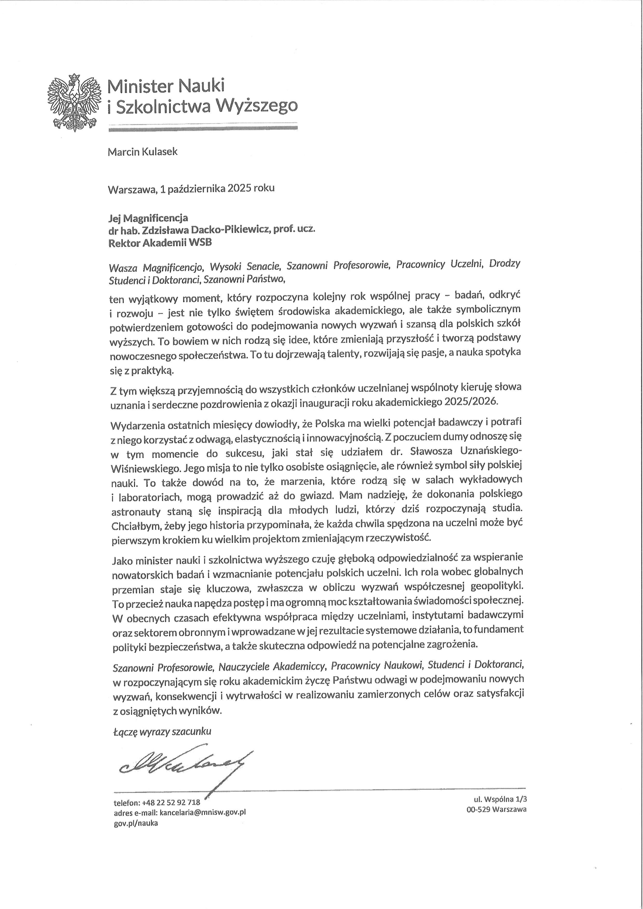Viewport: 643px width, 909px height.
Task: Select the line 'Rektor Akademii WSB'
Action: (160, 243)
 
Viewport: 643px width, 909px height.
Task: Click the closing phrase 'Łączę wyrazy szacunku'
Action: (162, 731)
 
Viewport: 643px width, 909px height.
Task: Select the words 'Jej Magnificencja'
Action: (148, 218)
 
